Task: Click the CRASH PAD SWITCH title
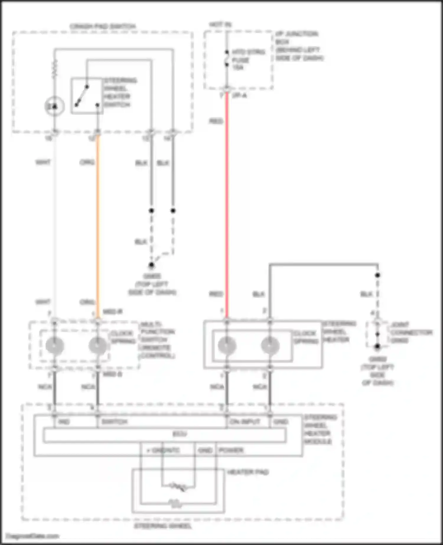pos(103,26)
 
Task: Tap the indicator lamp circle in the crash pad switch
pos(54,106)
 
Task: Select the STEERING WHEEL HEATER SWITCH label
pos(120,92)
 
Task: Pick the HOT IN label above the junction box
pos(220,25)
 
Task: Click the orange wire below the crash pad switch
pos(98,224)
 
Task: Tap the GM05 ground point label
pos(152,284)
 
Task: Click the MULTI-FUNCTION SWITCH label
pos(157,340)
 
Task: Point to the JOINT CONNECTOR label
pos(411,332)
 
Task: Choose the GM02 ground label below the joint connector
pos(377,371)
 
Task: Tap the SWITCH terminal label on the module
pos(114,422)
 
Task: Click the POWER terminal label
pos(231,450)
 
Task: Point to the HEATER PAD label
pos(248,472)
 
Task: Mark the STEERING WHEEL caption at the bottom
pos(163,526)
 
